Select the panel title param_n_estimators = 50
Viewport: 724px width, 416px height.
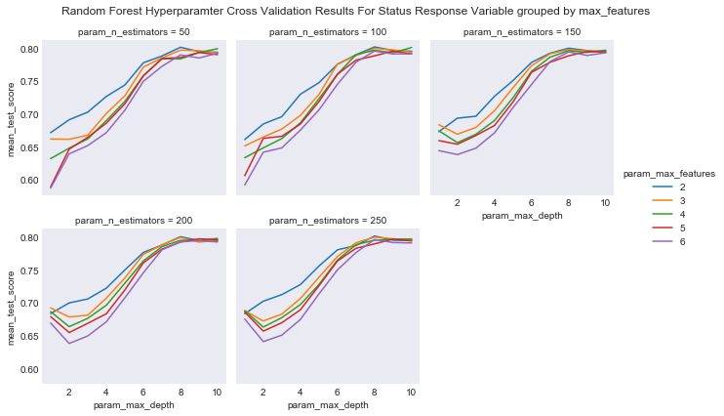[x=134, y=32]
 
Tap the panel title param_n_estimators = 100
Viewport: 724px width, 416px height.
[x=327, y=32]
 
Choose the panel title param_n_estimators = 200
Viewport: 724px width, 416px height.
[x=134, y=221]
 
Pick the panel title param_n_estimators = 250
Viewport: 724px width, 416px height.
[x=327, y=221]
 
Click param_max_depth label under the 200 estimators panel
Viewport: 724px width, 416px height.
[x=134, y=403]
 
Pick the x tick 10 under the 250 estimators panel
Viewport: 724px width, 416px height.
[x=410, y=391]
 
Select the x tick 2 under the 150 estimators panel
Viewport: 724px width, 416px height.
[x=457, y=202]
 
